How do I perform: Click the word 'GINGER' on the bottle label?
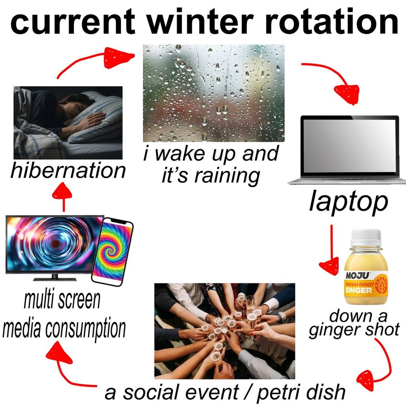tap(358, 290)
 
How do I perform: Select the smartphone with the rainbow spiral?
tap(112, 251)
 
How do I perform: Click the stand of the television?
tap(55, 277)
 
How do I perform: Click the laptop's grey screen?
tap(349, 146)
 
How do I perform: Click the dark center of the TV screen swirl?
tap(55, 244)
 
